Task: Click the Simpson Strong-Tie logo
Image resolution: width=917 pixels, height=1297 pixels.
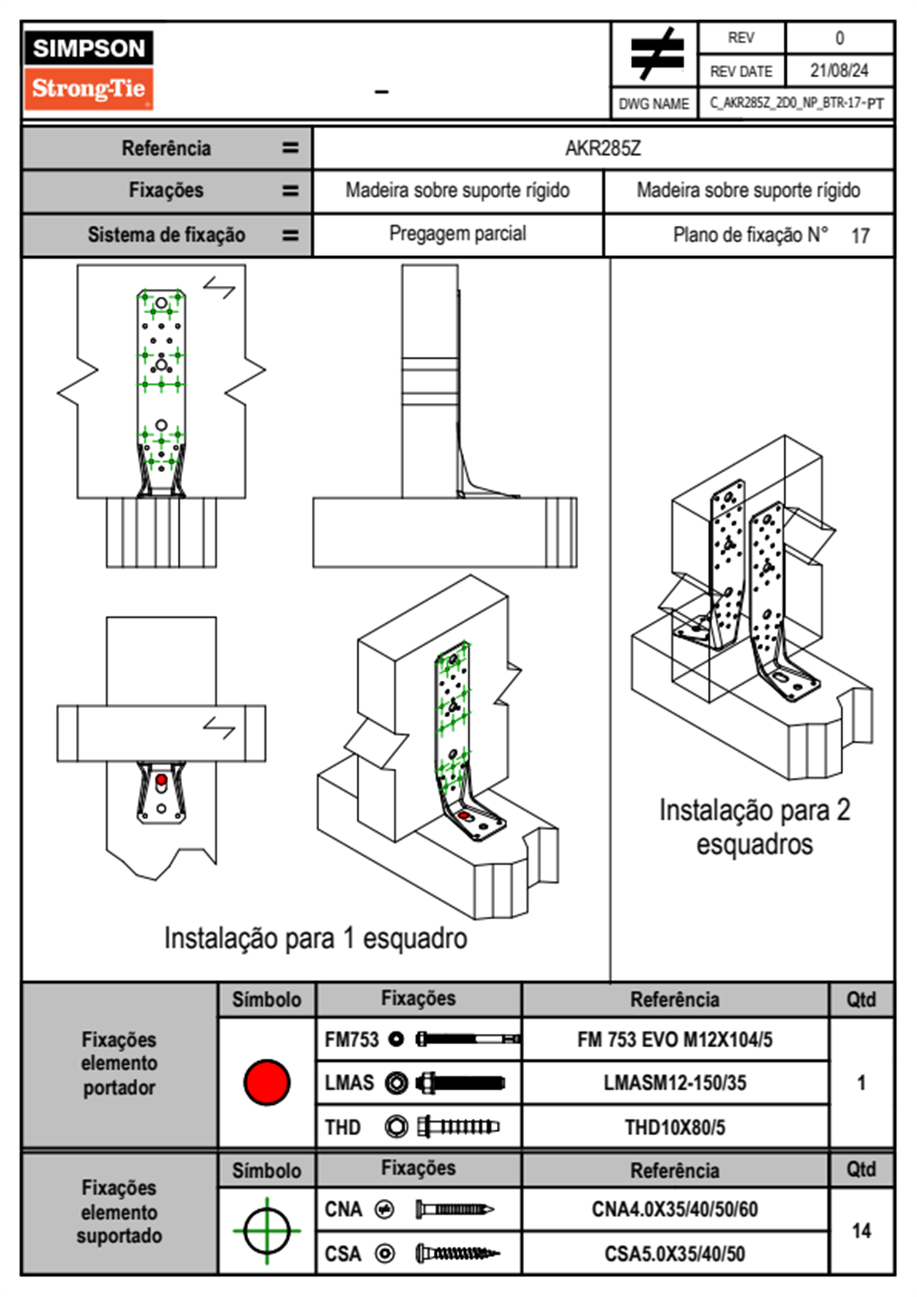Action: (89, 69)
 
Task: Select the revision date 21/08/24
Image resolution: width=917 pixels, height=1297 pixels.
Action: (838, 71)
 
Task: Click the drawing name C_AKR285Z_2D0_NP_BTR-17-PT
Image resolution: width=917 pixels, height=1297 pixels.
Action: (796, 103)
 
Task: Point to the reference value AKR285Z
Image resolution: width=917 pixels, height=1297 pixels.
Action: (603, 148)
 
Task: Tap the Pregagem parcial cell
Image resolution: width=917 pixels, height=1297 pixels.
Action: (457, 234)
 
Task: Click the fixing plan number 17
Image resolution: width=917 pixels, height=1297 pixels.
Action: (860, 236)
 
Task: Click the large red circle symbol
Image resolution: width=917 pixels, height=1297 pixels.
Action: (267, 1082)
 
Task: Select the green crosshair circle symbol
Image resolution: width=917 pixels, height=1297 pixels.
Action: (267, 1231)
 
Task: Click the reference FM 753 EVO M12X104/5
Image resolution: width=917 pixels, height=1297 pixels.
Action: (674, 1039)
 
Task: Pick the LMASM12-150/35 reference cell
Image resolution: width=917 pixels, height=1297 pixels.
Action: (674, 1083)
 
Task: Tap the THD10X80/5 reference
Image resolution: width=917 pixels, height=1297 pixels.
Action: (674, 1127)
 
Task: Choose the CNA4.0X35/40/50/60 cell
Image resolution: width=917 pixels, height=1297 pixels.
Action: (674, 1209)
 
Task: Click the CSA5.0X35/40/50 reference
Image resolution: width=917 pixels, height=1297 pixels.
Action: (674, 1254)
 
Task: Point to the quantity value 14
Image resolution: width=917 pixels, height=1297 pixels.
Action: (861, 1231)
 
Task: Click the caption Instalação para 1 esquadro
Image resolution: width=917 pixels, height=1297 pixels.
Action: (315, 938)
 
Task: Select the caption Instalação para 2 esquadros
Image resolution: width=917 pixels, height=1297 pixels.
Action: (754, 827)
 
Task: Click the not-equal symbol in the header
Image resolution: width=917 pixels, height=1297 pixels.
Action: (656, 54)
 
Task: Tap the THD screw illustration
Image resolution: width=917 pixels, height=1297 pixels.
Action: (458, 1127)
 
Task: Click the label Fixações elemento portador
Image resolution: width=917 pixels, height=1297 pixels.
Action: (119, 1063)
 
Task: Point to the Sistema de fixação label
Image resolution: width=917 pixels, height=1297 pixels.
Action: (166, 235)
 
